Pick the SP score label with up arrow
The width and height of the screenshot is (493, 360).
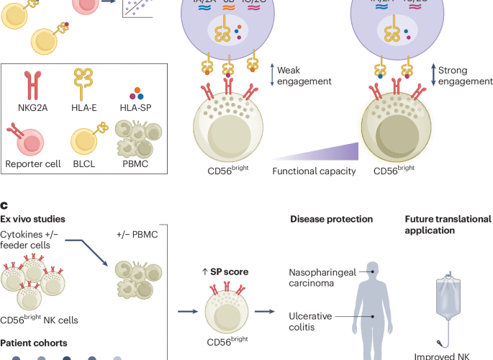click(x=225, y=270)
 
